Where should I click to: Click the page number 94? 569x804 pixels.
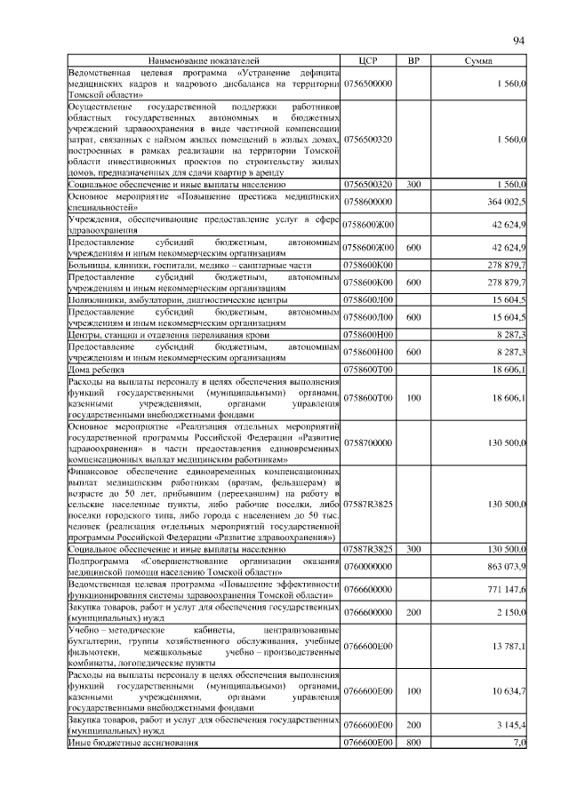click(519, 41)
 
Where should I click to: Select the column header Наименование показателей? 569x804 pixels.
click(204, 60)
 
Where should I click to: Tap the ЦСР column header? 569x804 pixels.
click(368, 60)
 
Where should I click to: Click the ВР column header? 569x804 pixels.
click(413, 60)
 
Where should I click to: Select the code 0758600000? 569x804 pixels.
click(368, 202)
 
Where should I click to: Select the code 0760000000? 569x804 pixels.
click(368, 565)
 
